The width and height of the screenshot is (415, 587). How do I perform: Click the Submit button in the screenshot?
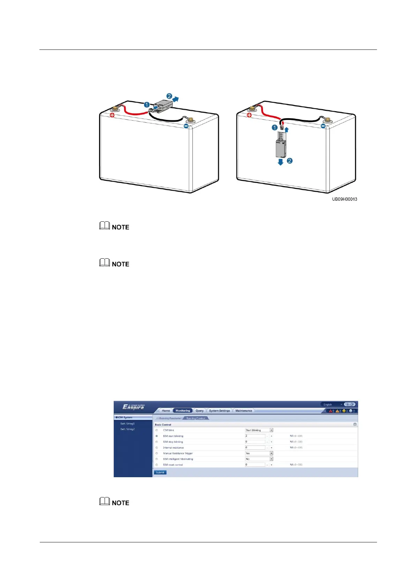click(160, 472)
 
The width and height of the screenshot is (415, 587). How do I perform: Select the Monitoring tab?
click(183, 411)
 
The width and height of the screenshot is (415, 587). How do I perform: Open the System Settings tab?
click(219, 411)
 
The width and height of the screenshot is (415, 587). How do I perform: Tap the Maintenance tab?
click(243, 411)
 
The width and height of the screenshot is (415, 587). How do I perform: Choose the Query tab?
click(199, 411)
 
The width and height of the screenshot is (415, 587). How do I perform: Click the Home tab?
click(166, 411)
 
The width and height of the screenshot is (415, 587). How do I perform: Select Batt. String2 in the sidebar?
click(127, 429)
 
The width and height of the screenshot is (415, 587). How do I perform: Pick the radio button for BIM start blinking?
click(157, 436)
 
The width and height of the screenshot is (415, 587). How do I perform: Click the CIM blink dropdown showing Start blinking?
click(259, 430)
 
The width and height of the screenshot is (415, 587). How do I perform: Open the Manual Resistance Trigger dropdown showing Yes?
click(259, 453)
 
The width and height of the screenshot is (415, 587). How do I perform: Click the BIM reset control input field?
click(255, 465)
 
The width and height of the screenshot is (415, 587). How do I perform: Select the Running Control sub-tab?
click(196, 418)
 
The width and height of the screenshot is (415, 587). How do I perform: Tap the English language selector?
click(331, 404)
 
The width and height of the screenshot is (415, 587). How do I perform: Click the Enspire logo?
click(133, 407)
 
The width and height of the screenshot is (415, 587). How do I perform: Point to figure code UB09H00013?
click(344, 199)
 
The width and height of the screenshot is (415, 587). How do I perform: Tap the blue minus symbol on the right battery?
click(323, 126)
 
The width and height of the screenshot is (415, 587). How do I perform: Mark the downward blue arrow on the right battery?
click(280, 162)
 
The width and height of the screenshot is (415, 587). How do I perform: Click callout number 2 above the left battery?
click(169, 96)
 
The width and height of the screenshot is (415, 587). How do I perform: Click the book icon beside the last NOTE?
click(105, 501)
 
